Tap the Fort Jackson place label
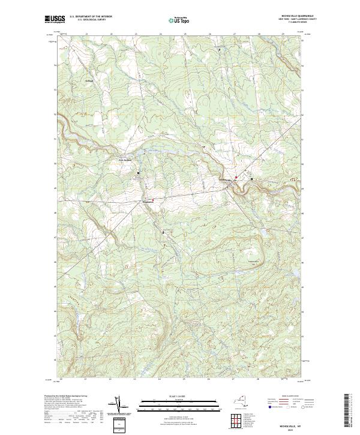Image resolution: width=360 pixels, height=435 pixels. [x=124, y=160]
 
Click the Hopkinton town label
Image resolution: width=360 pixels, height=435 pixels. [x=147, y=202]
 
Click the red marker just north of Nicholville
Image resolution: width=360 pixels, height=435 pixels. [x=236, y=177]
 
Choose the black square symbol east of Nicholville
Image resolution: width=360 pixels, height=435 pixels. [x=251, y=179]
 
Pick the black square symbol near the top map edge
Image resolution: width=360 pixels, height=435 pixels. [x=219, y=49]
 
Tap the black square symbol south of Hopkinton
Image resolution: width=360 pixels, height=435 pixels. [x=163, y=231]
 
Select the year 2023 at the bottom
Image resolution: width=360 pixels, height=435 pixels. [x=290, y=430]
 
